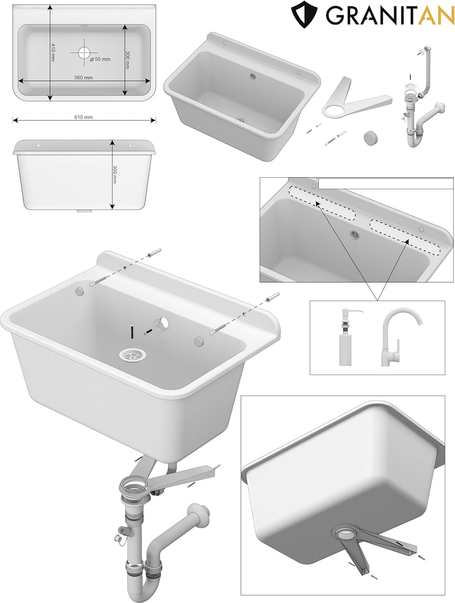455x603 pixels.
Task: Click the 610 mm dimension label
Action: coord(83,117)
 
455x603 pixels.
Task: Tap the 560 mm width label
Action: coord(83,77)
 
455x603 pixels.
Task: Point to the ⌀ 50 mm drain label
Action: coord(100,59)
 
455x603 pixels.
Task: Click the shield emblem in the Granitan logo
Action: coord(304,14)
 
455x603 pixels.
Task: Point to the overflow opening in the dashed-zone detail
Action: coord(354,234)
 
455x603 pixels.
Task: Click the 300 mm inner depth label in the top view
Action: coord(127,60)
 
